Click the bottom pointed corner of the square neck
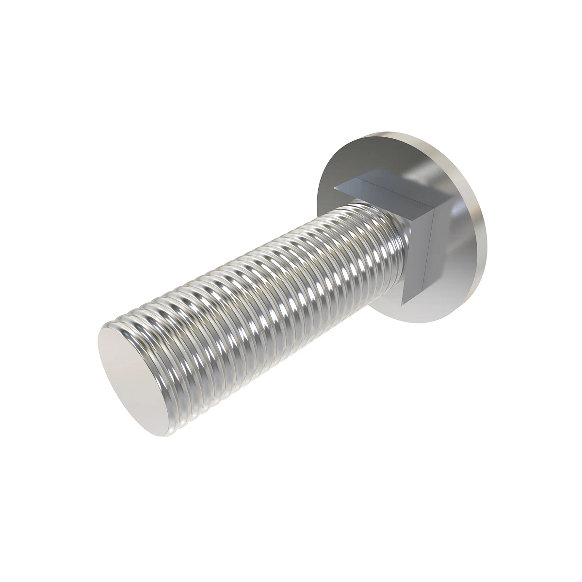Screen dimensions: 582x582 point(404,301)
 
